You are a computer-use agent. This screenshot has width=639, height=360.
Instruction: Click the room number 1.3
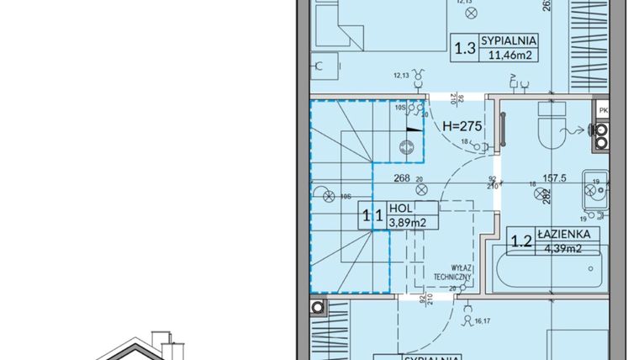click(x=464, y=48)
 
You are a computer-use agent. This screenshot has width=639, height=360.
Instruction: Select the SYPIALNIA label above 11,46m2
click(x=509, y=40)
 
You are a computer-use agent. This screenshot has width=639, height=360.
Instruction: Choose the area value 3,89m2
click(x=408, y=223)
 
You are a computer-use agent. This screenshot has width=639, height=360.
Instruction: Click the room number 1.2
click(x=521, y=242)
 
